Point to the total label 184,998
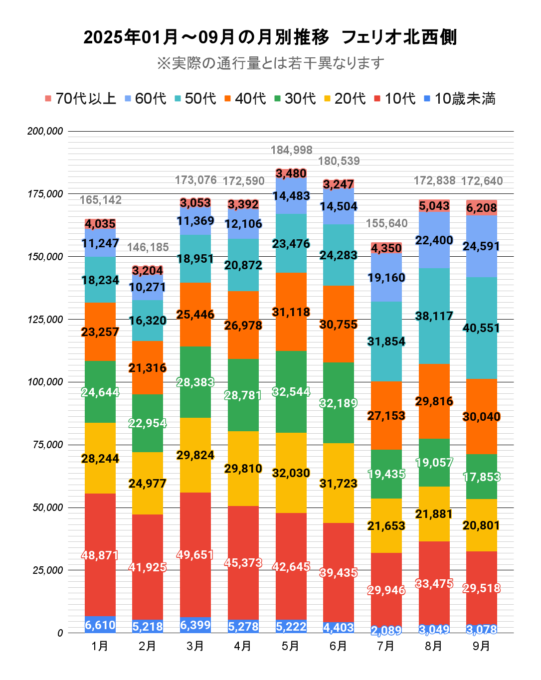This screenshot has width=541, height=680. tap(291, 150)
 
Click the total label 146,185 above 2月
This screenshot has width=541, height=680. tap(148, 247)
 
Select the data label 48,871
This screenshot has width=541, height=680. tap(100, 555)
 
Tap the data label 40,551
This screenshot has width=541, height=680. tap(482, 328)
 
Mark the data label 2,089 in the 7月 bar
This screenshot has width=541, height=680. tap(386, 631)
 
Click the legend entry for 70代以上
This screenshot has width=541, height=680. tap(80, 99)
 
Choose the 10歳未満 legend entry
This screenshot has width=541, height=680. tap(459, 99)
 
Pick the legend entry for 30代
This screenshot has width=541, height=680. tap(295, 99)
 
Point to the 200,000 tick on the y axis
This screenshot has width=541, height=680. tap(45, 131)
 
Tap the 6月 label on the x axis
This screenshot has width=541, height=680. tap(339, 646)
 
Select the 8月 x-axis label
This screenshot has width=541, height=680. tap(434, 646)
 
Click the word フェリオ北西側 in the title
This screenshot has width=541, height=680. tap(399, 37)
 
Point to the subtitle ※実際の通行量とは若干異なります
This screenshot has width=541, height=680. tap(271, 63)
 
